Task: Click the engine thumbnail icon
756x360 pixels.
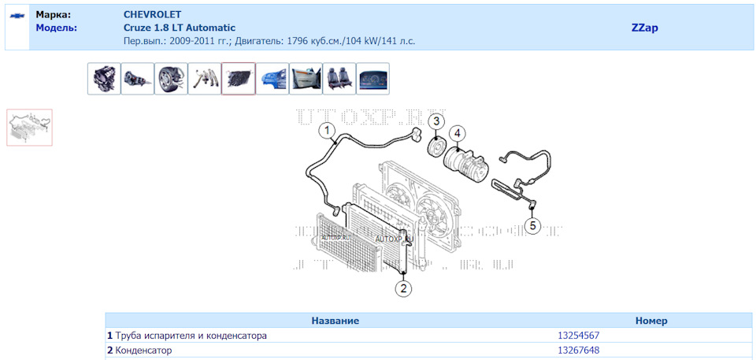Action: pyautogui.click(x=104, y=79)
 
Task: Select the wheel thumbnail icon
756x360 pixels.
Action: pyautogui.click(x=171, y=79)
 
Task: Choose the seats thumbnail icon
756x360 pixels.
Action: pyautogui.click(x=339, y=79)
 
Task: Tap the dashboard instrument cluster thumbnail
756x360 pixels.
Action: pyautogui.click(x=373, y=79)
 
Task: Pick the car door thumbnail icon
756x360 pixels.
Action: pyautogui.click(x=306, y=79)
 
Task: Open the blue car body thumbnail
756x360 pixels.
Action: pyautogui.click(x=272, y=79)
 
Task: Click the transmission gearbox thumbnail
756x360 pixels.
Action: pyautogui.click(x=138, y=79)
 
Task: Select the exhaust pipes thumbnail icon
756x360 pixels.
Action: pyautogui.click(x=205, y=79)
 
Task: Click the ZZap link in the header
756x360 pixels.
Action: pyautogui.click(x=644, y=28)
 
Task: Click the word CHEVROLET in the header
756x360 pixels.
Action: pyautogui.click(x=152, y=15)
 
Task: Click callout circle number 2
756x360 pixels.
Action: pyautogui.click(x=403, y=288)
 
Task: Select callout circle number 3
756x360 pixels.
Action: pyautogui.click(x=436, y=121)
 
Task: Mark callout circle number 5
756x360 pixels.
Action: pyautogui.click(x=532, y=225)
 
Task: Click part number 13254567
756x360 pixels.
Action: pyautogui.click(x=578, y=336)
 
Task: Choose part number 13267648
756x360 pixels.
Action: pyautogui.click(x=578, y=351)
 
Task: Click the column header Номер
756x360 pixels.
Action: pyautogui.click(x=650, y=321)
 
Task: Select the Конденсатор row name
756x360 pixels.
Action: pyautogui.click(x=143, y=351)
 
